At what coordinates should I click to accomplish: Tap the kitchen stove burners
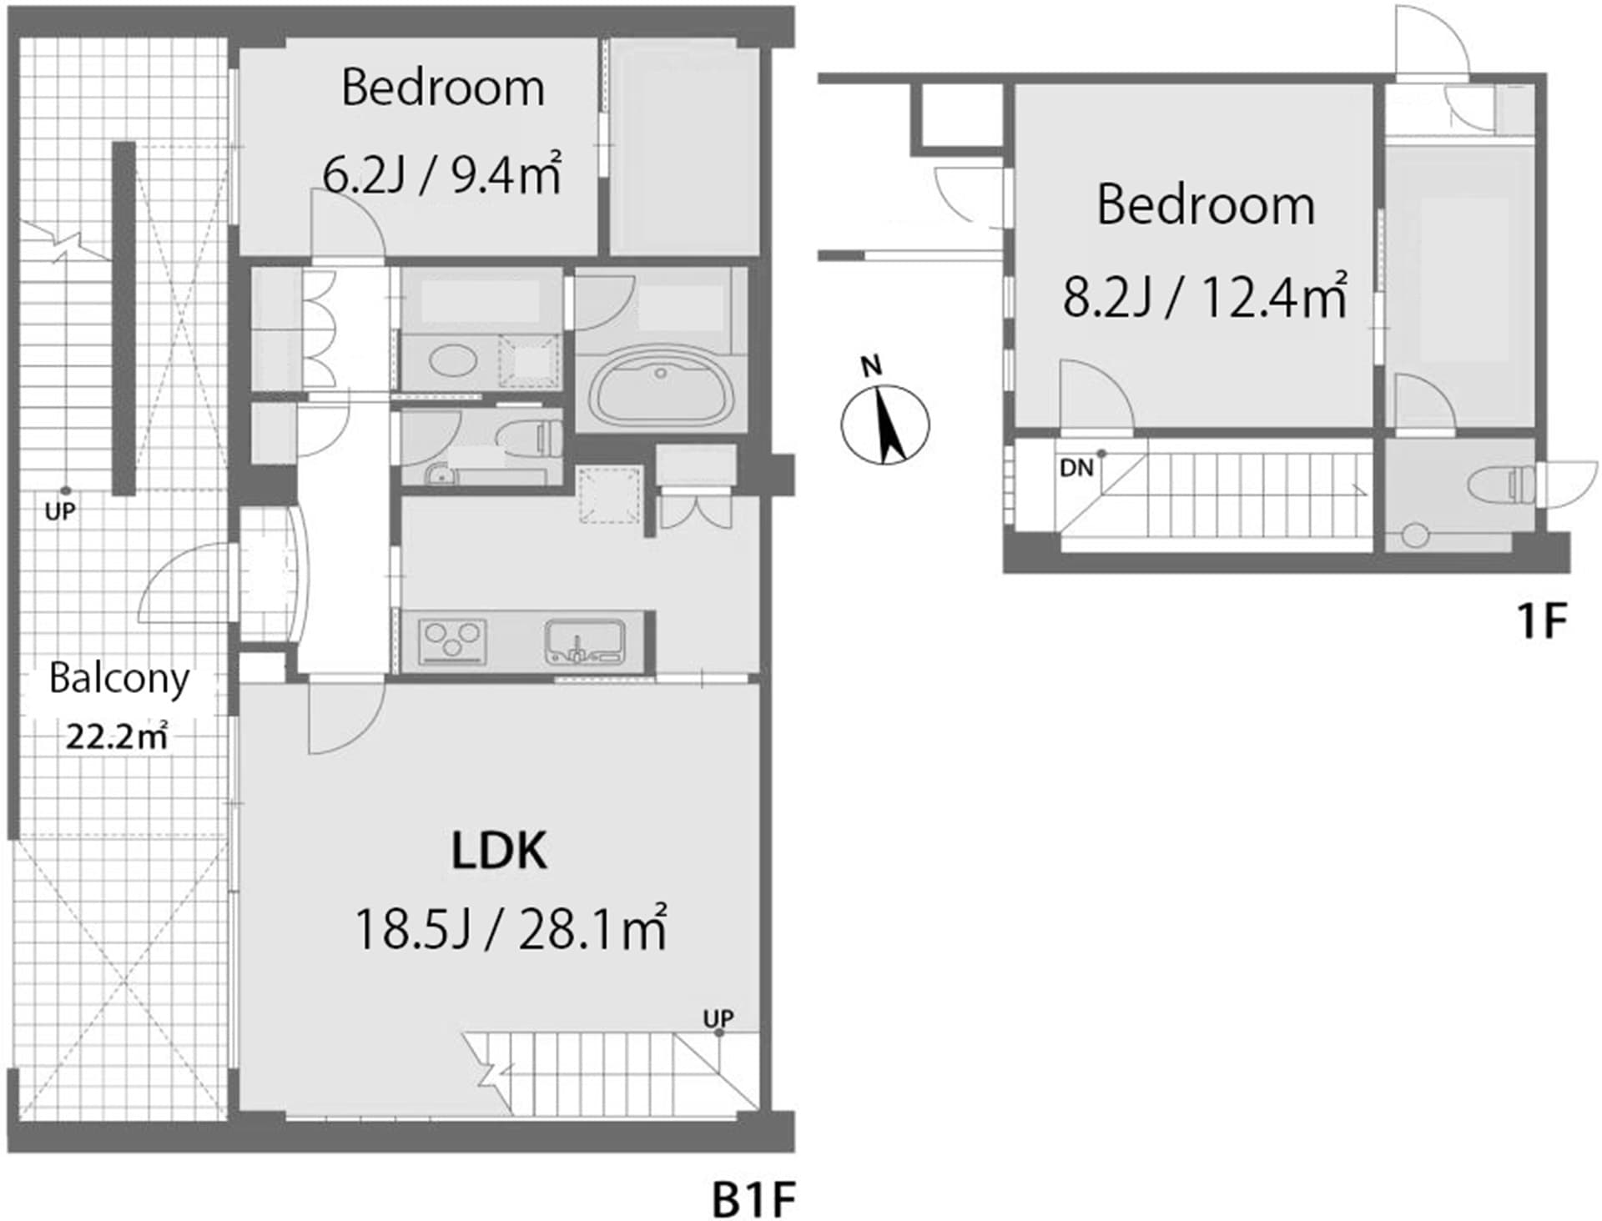click(452, 641)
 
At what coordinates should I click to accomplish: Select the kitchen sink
click(585, 641)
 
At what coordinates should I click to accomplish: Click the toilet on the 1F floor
click(1502, 485)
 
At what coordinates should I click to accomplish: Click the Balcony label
click(119, 678)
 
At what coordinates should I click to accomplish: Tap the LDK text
click(499, 851)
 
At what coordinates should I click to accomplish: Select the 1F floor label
click(1541, 621)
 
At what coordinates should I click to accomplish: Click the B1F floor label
click(753, 1200)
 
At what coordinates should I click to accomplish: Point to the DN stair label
click(1076, 469)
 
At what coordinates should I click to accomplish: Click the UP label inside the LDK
click(718, 1018)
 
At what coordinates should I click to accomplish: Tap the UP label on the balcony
click(60, 510)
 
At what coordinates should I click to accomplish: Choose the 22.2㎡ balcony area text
click(118, 738)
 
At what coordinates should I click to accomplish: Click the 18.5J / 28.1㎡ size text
click(510, 929)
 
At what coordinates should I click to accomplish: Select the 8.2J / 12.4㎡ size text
click(1204, 297)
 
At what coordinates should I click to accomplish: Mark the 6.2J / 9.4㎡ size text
click(441, 175)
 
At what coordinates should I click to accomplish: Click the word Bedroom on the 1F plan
click(1205, 205)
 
